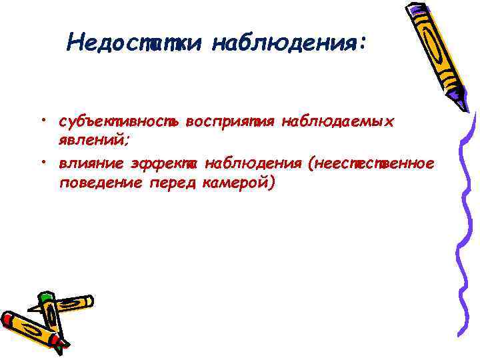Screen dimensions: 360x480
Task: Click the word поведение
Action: [x=98, y=183]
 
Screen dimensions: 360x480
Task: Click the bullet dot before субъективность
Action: [x=42, y=121]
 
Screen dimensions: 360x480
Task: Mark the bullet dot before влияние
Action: [x=42, y=161]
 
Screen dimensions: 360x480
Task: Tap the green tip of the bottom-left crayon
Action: [x=45, y=297]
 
